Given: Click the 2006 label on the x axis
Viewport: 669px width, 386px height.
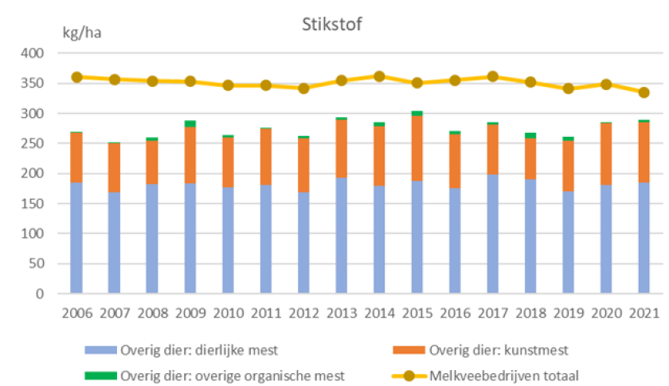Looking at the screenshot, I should (x=76, y=312).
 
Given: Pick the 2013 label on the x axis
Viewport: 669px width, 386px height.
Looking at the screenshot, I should (x=341, y=312).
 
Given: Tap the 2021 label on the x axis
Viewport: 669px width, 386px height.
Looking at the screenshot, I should (x=644, y=312).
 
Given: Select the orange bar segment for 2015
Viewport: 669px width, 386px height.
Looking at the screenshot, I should (x=417, y=148).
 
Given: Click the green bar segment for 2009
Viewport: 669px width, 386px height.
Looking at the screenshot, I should (x=190, y=123).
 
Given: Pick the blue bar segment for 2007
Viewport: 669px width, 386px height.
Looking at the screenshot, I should (x=115, y=243).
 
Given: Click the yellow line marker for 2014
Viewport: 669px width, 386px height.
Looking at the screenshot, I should (x=379, y=76).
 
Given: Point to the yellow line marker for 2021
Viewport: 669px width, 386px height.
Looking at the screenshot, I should (x=644, y=92).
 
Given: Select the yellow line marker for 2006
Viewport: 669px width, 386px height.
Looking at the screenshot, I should (x=76, y=77).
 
